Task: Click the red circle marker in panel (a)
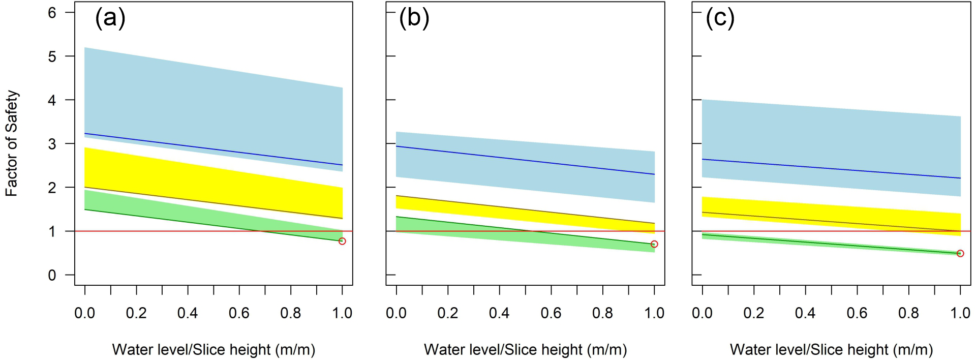pos(342,241)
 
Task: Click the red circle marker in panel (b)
pos(654,244)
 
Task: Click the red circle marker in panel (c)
pos(960,253)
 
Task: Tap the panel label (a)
pos(110,19)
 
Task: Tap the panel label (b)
pos(414,19)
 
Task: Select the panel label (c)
pos(720,19)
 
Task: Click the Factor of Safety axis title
pos(12,144)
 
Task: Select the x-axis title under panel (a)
pos(213,350)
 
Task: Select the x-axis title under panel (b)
pos(525,350)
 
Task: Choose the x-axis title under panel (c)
pos(831,350)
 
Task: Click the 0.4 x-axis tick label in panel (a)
pos(188,313)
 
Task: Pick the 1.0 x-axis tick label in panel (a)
pos(342,313)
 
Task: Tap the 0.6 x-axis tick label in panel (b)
pos(551,313)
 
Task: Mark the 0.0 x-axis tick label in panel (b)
pos(396,313)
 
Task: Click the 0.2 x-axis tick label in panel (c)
pos(754,313)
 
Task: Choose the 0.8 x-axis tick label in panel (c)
pos(908,313)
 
